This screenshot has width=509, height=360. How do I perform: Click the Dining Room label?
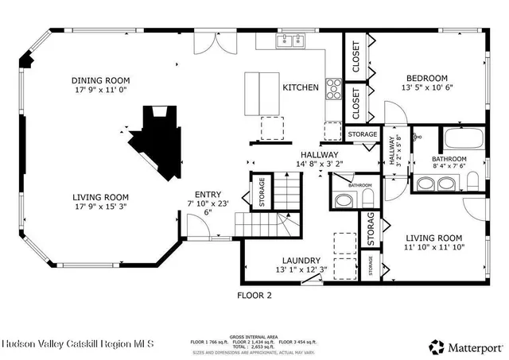click(100, 80)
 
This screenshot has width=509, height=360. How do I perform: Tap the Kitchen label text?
click(301, 87)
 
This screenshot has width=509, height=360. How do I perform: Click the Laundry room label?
click(301, 260)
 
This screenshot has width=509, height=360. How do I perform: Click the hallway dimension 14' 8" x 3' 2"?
click(319, 165)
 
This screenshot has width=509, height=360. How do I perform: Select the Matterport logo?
click(466, 346)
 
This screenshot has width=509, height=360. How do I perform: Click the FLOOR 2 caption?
click(254, 295)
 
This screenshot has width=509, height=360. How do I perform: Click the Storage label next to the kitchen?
click(362, 135)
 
